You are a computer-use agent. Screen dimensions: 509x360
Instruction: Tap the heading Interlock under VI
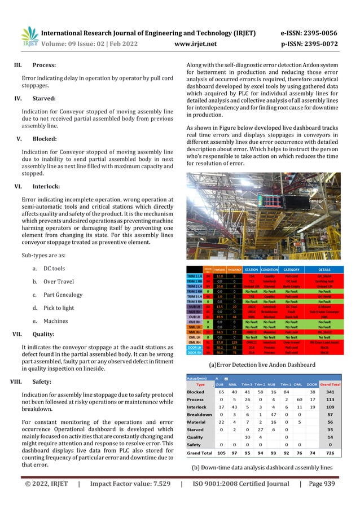click(47, 185)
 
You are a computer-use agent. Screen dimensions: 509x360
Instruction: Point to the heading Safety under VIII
click(42, 381)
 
